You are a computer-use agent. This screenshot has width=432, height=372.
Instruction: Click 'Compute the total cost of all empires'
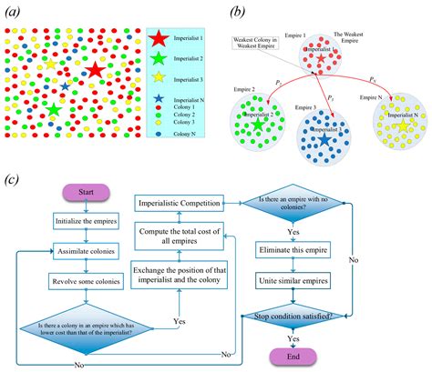click(180, 237)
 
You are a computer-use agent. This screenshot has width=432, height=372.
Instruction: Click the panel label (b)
click(239, 12)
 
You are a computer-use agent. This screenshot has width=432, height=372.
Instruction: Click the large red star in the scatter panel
click(95, 69)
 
